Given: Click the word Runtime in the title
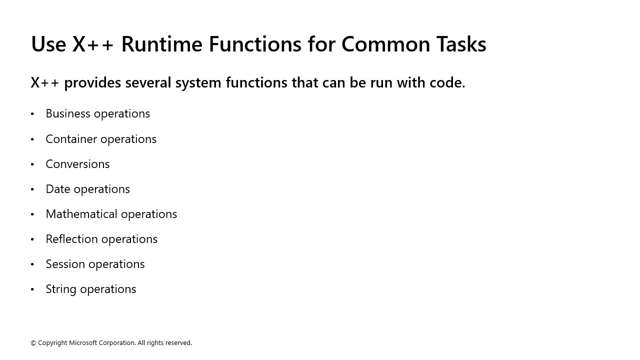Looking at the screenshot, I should tap(161, 44).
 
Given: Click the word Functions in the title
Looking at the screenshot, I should tap(255, 44).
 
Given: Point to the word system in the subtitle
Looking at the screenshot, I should tap(198, 83).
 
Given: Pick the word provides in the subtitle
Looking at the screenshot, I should tap(92, 83).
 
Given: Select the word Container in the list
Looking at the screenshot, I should tap(69, 139).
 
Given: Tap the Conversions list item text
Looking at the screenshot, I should tap(77, 164).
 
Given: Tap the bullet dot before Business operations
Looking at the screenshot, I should tap(32, 114).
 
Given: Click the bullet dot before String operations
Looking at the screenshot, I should tap(32, 289).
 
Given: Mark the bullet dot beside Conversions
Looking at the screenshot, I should tap(32, 164).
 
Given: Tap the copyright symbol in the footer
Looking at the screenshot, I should tap(33, 343).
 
